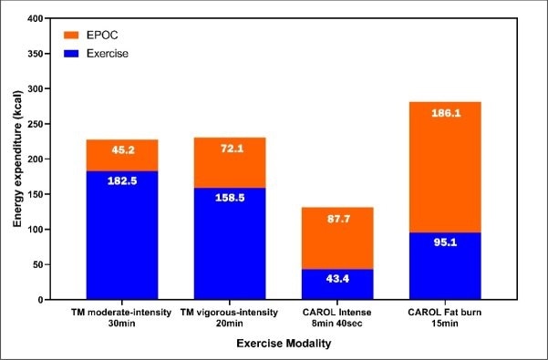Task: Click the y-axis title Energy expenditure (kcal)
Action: coord(14,159)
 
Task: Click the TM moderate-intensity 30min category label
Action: coord(121,316)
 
